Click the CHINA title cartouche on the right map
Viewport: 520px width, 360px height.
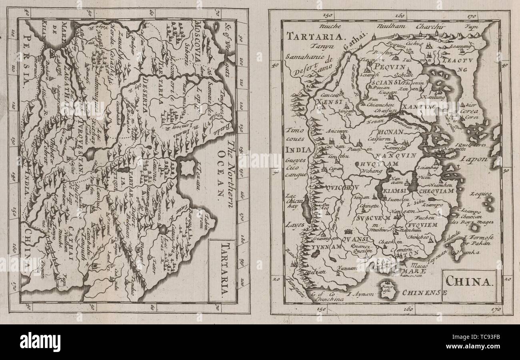click(x=468, y=281)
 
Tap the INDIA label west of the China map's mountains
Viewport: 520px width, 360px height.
click(x=298, y=150)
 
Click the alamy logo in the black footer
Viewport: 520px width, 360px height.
click(x=40, y=342)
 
